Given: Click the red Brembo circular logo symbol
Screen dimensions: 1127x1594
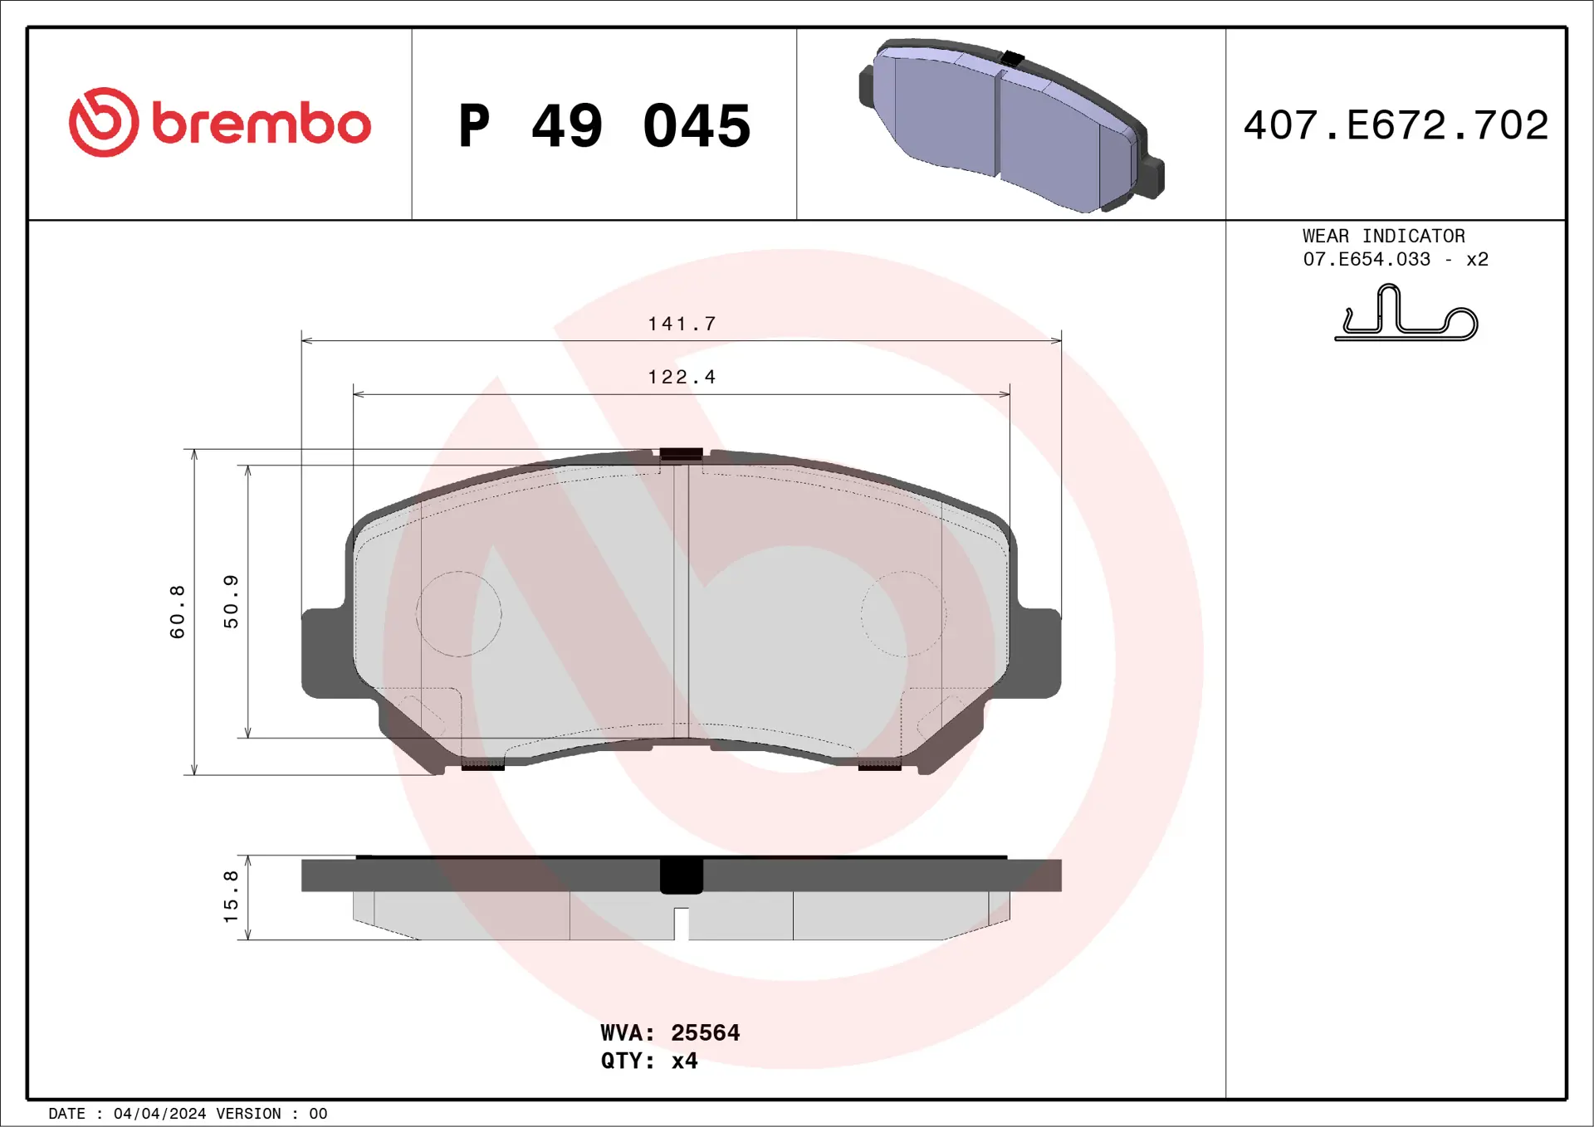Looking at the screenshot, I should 104,122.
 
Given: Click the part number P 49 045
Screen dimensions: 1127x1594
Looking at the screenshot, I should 604,126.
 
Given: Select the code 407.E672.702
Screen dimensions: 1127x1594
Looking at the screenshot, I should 1396,125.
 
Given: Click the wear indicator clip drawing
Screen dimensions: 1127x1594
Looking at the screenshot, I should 1406,315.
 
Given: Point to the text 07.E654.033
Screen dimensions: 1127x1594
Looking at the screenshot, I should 1367,260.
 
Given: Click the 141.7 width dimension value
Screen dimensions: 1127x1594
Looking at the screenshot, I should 682,324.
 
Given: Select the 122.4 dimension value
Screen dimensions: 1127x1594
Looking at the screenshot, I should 682,377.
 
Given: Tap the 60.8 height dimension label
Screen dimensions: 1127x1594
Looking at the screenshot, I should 178,612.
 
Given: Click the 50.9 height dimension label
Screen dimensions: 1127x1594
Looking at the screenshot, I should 231,602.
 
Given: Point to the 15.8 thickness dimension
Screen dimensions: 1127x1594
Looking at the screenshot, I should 231,896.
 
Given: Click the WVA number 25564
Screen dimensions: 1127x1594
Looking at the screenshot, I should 705,1032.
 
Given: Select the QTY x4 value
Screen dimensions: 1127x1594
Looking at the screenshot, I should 684,1061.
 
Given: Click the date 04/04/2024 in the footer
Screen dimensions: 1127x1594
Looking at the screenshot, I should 159,1114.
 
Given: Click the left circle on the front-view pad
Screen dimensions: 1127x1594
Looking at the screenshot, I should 458,614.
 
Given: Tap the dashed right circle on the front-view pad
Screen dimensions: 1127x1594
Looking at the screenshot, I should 903,614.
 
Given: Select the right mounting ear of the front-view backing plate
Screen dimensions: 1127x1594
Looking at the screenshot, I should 1038,653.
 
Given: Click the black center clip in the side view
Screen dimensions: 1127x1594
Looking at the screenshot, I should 681,876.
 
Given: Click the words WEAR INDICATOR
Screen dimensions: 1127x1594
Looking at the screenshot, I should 1383,237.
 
